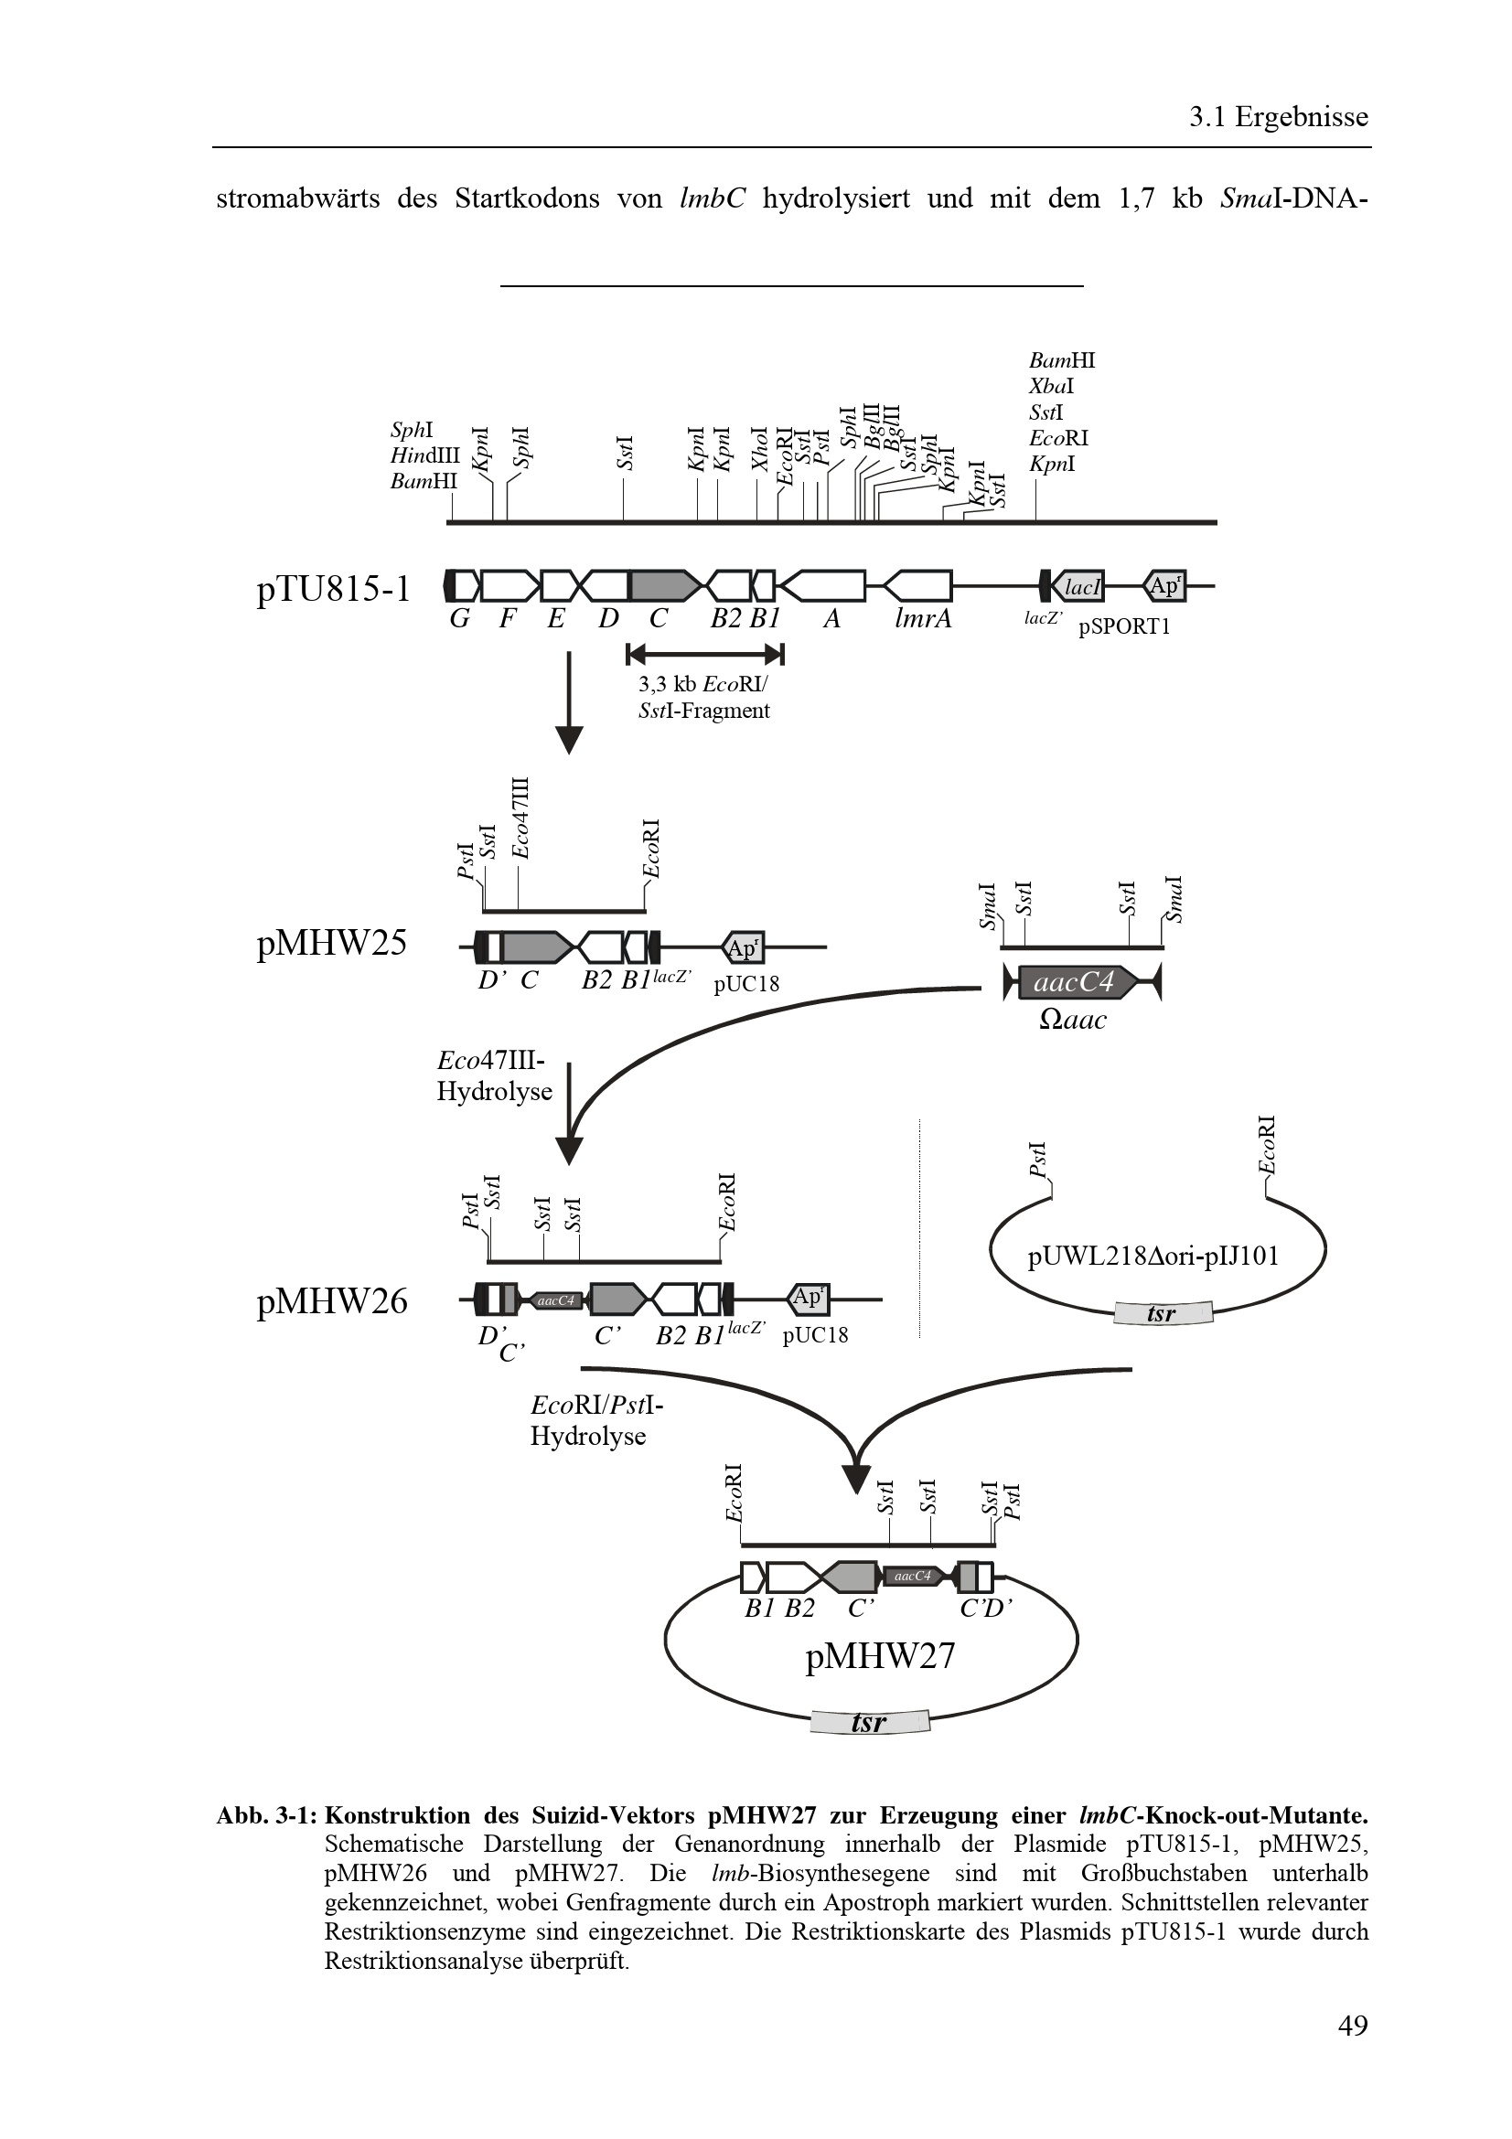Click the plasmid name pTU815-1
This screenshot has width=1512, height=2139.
click(333, 589)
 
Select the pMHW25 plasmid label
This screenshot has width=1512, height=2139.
click(331, 943)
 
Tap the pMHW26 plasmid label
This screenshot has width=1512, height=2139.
click(331, 1300)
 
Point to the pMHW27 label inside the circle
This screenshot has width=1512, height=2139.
click(879, 1655)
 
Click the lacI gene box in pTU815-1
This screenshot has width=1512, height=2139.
click(1079, 587)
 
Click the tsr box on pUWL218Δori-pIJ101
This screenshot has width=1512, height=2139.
click(1162, 1313)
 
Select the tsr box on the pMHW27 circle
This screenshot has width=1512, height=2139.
click(869, 1722)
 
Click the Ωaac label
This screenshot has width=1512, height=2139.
click(1072, 1021)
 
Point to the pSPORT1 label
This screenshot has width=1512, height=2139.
click(1123, 626)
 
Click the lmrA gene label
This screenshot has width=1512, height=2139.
click(922, 618)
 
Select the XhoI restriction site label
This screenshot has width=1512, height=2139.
click(760, 449)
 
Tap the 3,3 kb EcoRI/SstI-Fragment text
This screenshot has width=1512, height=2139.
click(703, 698)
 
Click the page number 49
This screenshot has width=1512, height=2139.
click(1352, 2050)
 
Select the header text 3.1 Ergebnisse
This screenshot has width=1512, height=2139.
click(1278, 116)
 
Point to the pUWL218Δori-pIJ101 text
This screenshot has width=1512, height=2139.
click(1153, 1256)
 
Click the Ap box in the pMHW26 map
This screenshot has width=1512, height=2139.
click(808, 1297)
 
